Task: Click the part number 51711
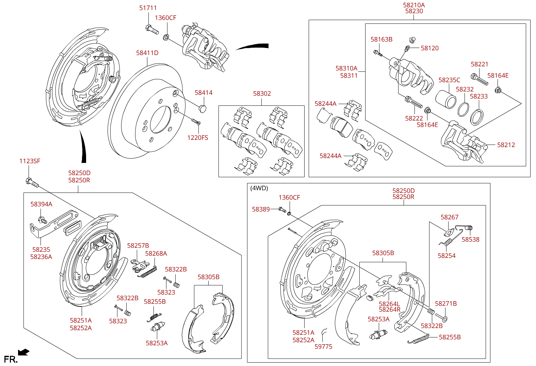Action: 148,8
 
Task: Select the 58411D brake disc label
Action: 147,53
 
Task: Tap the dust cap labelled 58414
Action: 202,109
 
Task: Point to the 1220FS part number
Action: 197,138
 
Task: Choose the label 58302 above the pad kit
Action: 262,94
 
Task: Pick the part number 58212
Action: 506,145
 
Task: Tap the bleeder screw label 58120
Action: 429,48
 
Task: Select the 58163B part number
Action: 381,39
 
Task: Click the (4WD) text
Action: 259,188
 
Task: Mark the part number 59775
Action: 323,347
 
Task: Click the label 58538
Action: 470,239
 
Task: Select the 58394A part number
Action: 41,204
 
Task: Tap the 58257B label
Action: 138,246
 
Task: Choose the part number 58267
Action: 449,217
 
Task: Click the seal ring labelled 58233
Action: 477,117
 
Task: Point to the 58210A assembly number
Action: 414,5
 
